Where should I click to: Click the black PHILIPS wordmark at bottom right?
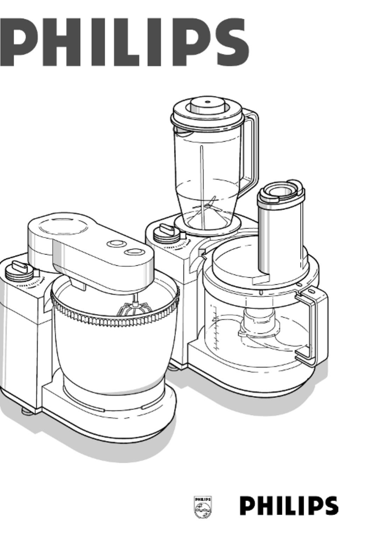(x=289, y=506)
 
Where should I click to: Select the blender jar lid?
(x=207, y=111)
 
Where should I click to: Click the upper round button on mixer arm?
(x=117, y=244)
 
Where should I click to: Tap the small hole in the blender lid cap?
(x=207, y=102)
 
